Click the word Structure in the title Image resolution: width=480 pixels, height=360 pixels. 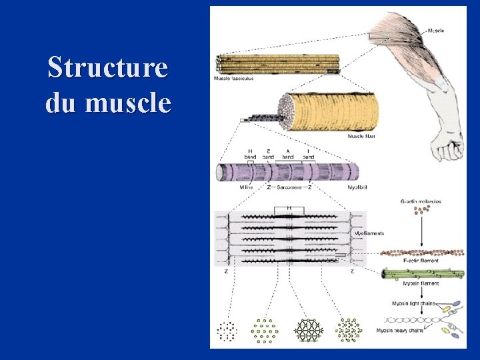coord(108,67)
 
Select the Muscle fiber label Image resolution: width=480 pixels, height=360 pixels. coord(361,136)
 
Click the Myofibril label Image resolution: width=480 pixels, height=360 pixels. coord(359,188)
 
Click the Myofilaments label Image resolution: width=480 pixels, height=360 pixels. coord(370,233)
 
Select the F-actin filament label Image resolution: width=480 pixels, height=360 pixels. coord(421,261)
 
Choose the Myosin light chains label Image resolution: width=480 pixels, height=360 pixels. coord(413,303)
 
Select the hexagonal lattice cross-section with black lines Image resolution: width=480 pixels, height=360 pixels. coord(309,330)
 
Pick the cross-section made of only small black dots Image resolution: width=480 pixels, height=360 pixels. coord(227,330)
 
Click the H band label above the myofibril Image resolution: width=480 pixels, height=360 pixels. coord(250,153)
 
